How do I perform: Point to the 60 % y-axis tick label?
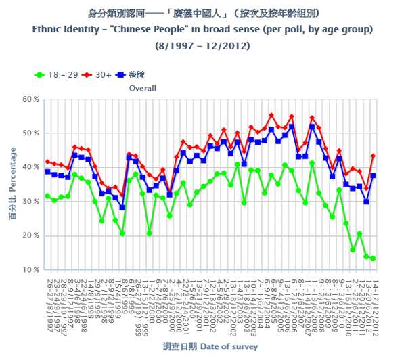click(x=31, y=99)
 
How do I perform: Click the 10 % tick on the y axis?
click(x=31, y=270)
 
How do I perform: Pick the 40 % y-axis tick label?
click(x=31, y=168)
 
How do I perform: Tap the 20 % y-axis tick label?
click(x=31, y=236)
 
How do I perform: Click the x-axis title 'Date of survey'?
click(x=229, y=346)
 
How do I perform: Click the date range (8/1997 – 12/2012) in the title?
click(x=202, y=45)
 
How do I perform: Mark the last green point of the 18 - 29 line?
click(x=373, y=258)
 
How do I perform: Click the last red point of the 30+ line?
click(x=373, y=156)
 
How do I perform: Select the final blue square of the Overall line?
click(x=373, y=175)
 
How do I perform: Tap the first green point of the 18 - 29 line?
click(x=47, y=196)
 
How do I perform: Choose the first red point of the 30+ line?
click(x=47, y=162)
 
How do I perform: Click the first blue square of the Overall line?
click(x=47, y=171)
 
